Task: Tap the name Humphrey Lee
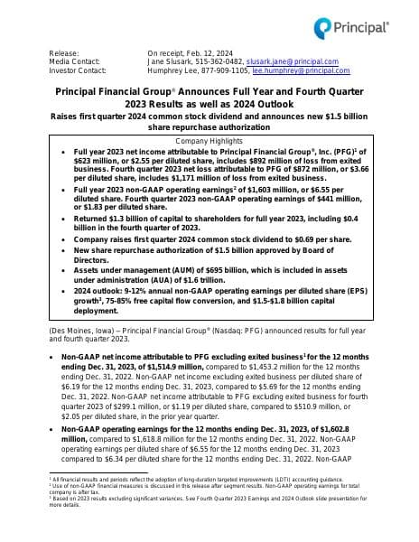point(175,70)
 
